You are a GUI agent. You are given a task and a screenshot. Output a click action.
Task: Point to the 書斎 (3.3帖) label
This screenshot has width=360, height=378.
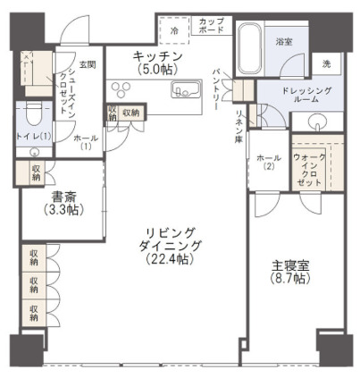click(x=62, y=203)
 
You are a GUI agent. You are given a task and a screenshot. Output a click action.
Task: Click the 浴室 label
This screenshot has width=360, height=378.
click(x=285, y=41)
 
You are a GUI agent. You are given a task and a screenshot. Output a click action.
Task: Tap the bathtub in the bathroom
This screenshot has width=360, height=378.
click(x=250, y=45)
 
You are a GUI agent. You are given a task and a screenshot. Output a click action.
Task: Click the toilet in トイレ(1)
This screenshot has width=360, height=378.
click(x=33, y=117)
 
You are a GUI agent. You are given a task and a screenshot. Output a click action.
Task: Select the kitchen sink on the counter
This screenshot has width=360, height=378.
click(x=187, y=89)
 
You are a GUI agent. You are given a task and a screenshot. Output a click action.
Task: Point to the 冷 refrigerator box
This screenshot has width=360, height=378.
click(x=173, y=29)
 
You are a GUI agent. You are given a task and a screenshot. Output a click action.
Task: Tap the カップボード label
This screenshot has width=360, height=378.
click(x=212, y=25)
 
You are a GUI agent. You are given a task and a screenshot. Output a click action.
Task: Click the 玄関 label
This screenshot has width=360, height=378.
click(x=87, y=63)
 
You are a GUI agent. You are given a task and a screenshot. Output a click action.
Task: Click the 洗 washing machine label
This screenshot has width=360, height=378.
click(x=326, y=63)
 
